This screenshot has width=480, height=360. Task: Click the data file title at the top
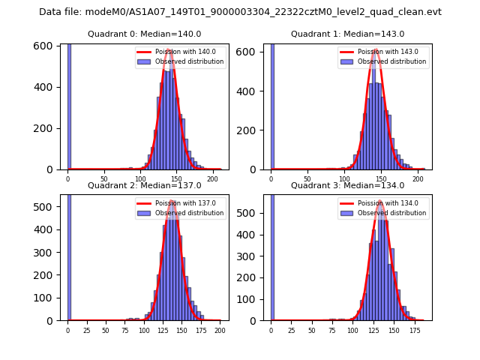(x=240, y=12)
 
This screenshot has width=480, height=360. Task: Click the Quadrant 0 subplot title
(x=144, y=34)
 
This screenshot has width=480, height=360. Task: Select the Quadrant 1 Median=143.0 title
(x=347, y=34)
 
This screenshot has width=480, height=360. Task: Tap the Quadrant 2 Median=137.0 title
(x=144, y=185)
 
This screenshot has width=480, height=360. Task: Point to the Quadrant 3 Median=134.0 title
(x=347, y=185)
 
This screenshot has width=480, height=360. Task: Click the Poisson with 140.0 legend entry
(x=181, y=52)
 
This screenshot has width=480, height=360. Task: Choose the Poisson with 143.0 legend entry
(x=383, y=52)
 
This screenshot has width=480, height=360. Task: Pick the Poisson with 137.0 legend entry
(x=181, y=203)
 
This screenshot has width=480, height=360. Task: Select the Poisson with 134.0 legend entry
(x=383, y=203)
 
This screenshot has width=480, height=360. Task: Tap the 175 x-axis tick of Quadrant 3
(x=414, y=331)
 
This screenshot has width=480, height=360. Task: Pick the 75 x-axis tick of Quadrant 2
(x=124, y=331)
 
